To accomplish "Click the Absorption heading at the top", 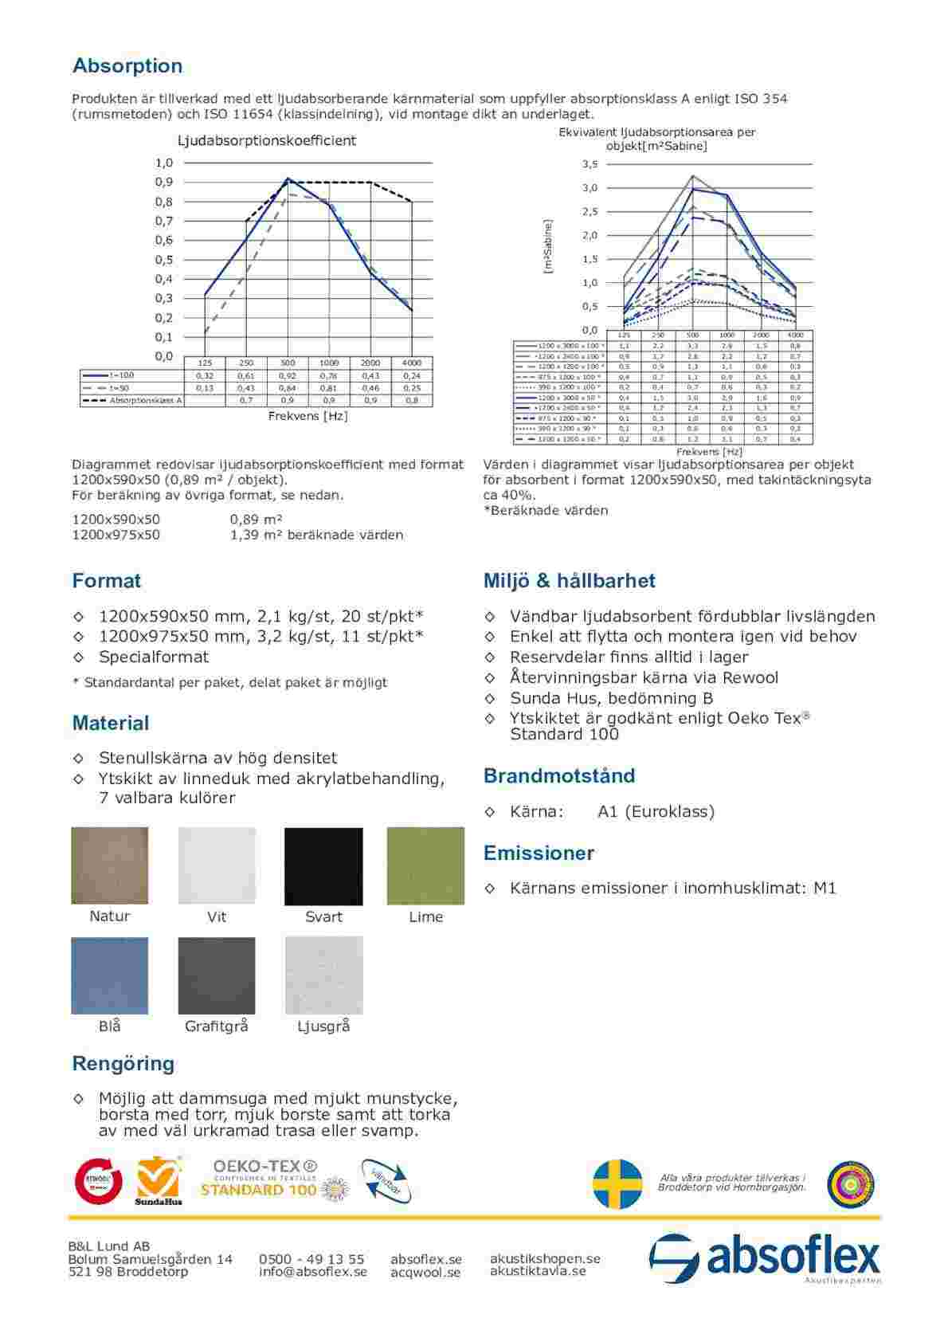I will [x=127, y=66].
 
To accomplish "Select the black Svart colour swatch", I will [x=323, y=866].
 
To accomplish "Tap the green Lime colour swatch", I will [x=425, y=866].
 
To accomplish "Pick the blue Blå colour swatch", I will [x=110, y=975].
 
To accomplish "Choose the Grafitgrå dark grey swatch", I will [x=217, y=975].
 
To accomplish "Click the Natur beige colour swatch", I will [x=110, y=866].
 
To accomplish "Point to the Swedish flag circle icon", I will [x=617, y=1183].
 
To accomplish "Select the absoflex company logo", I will [x=765, y=1258].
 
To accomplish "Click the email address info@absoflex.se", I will [x=313, y=1272].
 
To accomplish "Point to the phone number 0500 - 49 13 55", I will [x=311, y=1259].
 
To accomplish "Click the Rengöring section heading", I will [x=123, y=1064].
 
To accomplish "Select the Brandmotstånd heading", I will [x=559, y=776].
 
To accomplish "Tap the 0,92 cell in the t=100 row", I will [x=288, y=375].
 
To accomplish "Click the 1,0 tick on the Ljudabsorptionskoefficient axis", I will [x=164, y=163].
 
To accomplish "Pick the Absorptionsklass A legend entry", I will [x=132, y=400].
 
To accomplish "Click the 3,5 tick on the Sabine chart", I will [x=590, y=165].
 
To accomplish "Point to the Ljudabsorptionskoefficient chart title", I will [x=266, y=141].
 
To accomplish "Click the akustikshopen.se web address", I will [x=545, y=1258].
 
